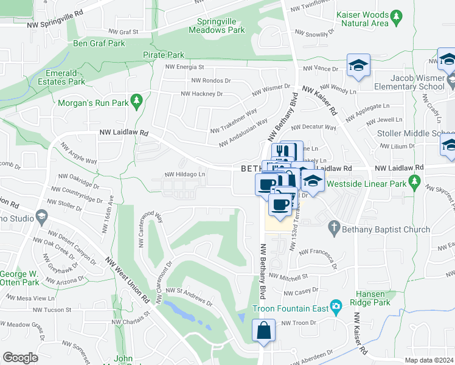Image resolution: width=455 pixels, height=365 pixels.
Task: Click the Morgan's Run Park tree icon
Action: pos(138,99)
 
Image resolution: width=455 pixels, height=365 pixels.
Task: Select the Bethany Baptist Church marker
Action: pos(333,228)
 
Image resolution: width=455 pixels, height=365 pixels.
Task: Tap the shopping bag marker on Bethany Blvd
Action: pos(264,332)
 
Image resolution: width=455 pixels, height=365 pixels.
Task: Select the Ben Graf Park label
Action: pos(99,43)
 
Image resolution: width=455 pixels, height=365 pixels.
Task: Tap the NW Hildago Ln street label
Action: pos(184,175)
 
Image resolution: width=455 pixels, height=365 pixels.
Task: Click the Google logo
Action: pos(20,357)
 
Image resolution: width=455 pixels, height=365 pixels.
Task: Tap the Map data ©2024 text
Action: pos(429,360)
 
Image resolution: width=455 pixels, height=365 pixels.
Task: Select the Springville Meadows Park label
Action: pos(217,25)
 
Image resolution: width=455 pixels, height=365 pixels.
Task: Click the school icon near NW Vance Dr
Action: pos(359,66)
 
